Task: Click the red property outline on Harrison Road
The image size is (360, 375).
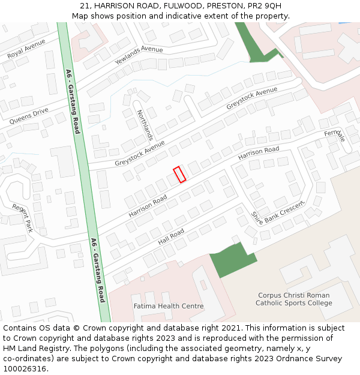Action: pos(179,175)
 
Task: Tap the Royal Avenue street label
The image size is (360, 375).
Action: pos(26,50)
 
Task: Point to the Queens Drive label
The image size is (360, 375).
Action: pos(29,116)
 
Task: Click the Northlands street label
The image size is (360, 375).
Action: pos(145,124)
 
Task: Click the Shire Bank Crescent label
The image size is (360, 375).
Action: pos(278,211)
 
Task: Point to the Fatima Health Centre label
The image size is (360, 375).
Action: pos(168,306)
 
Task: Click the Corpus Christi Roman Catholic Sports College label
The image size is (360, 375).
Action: pos(294,299)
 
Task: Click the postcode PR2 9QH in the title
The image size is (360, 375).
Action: pos(265,6)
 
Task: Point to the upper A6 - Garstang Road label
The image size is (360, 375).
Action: pos(72,101)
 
